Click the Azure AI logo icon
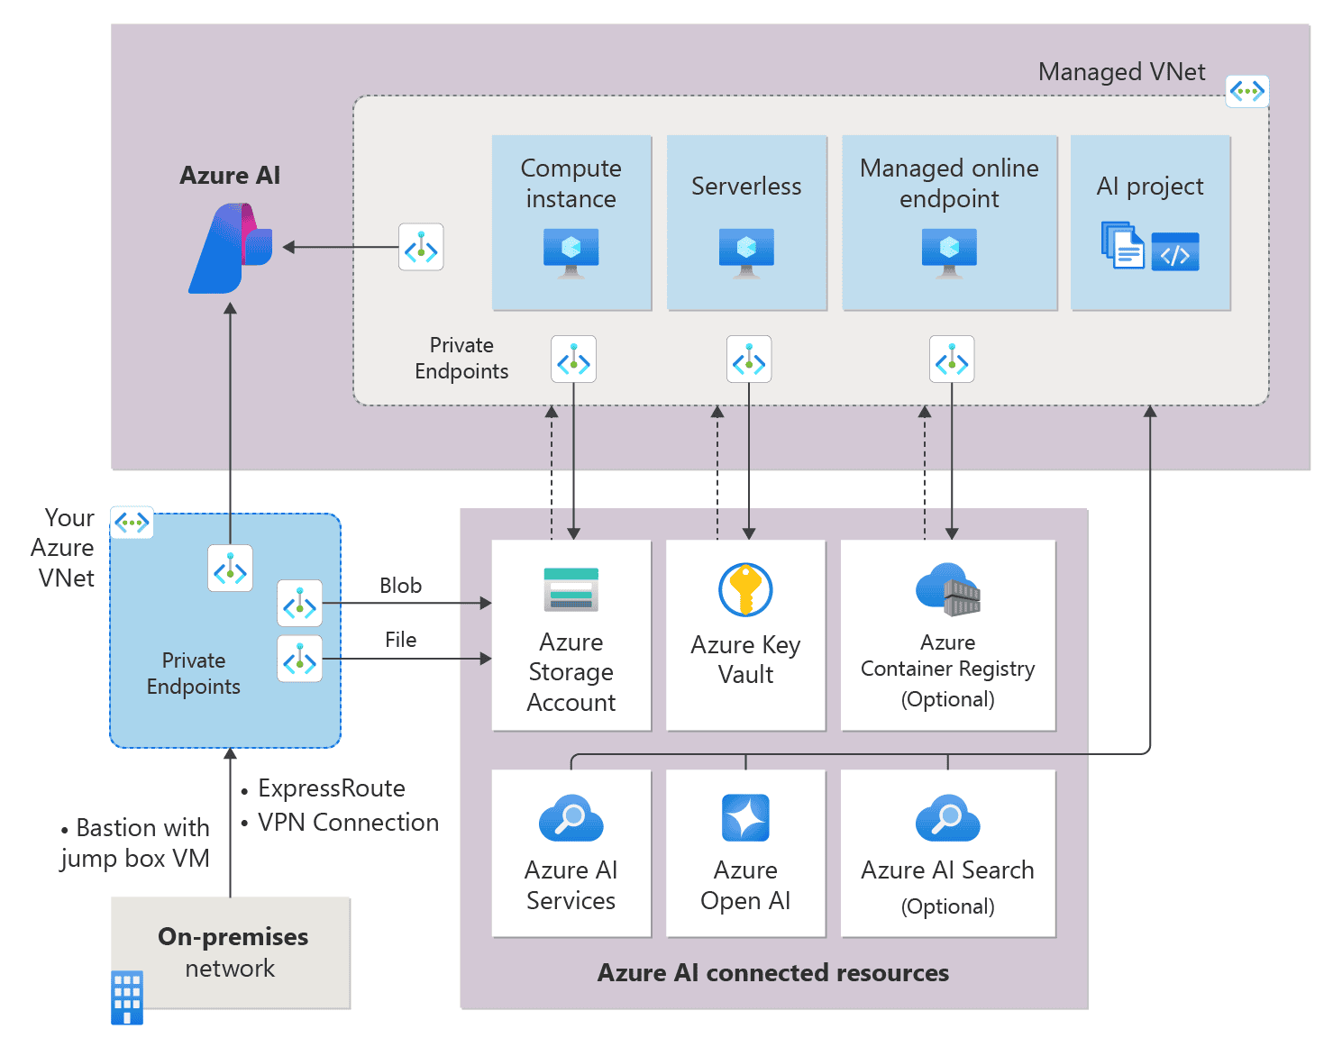coord(231,248)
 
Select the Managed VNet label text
coord(1121,72)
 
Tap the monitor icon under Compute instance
coord(571,251)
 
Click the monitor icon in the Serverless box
coord(746,251)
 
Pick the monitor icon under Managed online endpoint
coord(949,251)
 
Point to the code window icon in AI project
coord(1175,252)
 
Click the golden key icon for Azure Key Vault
coord(745,590)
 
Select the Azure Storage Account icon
coord(571,590)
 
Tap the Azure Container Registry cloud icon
coord(947,590)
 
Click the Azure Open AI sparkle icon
coord(745,817)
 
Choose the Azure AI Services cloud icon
coord(571,818)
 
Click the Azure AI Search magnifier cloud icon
coord(947,818)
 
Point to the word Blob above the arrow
coord(400,586)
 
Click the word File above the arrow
coord(400,640)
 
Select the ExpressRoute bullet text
coord(331,788)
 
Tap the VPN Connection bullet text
coord(348,823)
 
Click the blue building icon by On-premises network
coord(127,997)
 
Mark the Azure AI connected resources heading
coord(772,973)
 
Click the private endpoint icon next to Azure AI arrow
coord(421,247)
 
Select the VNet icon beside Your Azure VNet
coord(132,523)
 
